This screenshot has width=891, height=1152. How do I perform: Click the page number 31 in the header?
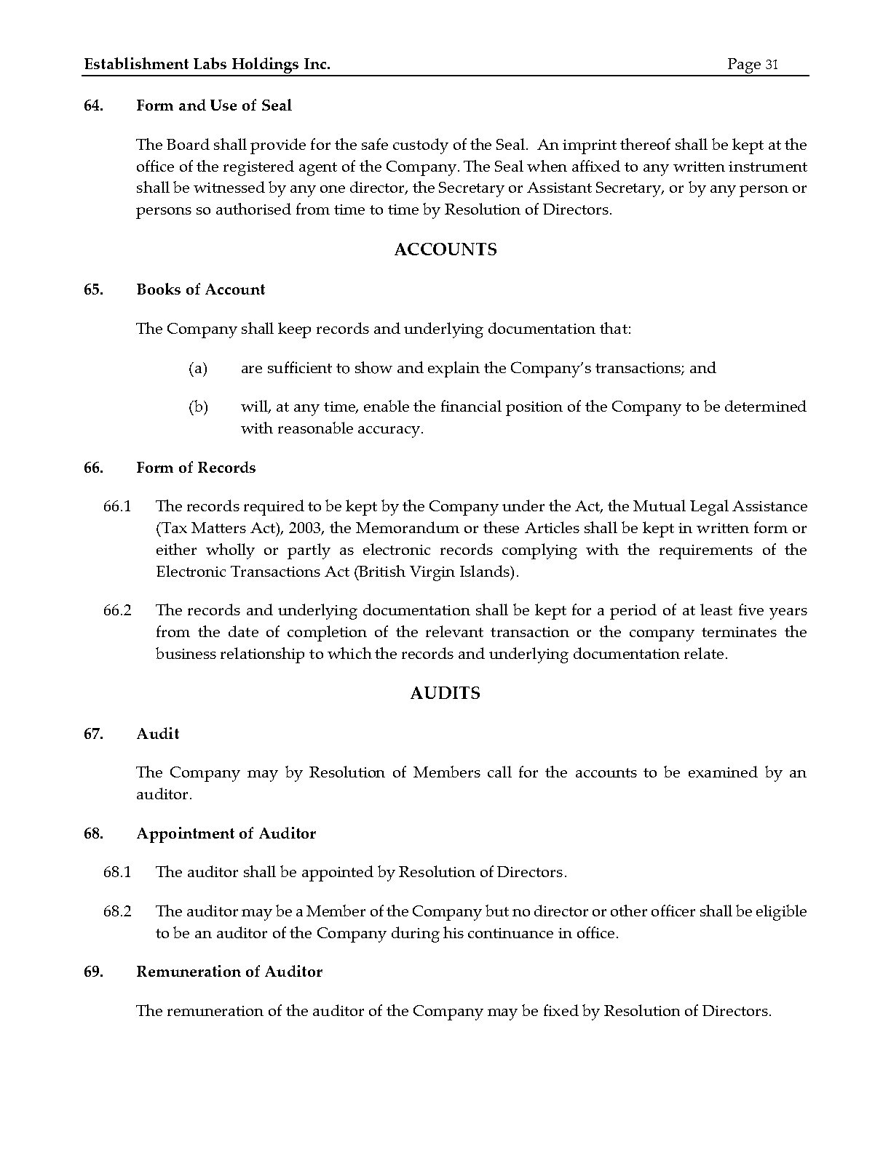pos(771,65)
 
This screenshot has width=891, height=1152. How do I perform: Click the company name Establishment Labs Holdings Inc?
pos(207,65)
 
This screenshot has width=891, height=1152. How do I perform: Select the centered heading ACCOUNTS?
pos(445,249)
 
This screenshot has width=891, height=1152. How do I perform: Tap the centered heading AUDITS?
pos(445,693)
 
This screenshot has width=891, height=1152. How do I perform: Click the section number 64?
pos(93,105)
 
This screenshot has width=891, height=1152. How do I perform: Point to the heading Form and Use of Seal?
pos(214,105)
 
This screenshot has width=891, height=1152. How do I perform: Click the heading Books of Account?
pos(201,289)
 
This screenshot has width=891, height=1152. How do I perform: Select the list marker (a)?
pos(198,368)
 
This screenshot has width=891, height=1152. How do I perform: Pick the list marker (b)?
pos(198,407)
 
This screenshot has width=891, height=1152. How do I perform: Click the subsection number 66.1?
pos(117,506)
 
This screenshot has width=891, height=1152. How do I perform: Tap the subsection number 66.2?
pos(117,610)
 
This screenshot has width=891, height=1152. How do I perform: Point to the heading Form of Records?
pos(196,468)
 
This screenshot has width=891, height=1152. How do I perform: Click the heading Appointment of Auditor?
pos(226,833)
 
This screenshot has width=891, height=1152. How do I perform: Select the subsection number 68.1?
pos(117,872)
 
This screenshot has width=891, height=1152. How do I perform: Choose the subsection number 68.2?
pos(117,911)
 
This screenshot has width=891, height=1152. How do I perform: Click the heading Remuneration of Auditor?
pos(229,972)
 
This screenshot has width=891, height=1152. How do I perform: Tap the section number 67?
pos(93,734)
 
